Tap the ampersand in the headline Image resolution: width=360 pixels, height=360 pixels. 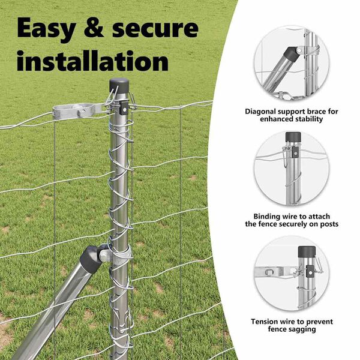pyautogui.click(x=94, y=28)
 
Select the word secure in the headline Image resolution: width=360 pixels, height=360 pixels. pyautogui.click(x=155, y=29)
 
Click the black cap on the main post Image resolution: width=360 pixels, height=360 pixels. pyautogui.click(x=119, y=85)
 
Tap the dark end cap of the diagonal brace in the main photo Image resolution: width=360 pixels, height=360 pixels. pyautogui.click(x=91, y=259)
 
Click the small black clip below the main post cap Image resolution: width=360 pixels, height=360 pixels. pyautogui.click(x=124, y=108)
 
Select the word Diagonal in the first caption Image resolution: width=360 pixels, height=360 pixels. pyautogui.click(x=260, y=112)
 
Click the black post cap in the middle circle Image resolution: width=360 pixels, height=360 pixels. pyautogui.click(x=293, y=137)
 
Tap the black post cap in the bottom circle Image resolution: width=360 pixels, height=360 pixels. pyautogui.click(x=307, y=251)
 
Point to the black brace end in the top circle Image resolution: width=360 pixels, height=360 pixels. pyautogui.click(x=290, y=54)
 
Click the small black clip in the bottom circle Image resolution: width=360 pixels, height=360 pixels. pyautogui.click(x=310, y=271)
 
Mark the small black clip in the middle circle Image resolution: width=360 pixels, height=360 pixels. pyautogui.click(x=295, y=152)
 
